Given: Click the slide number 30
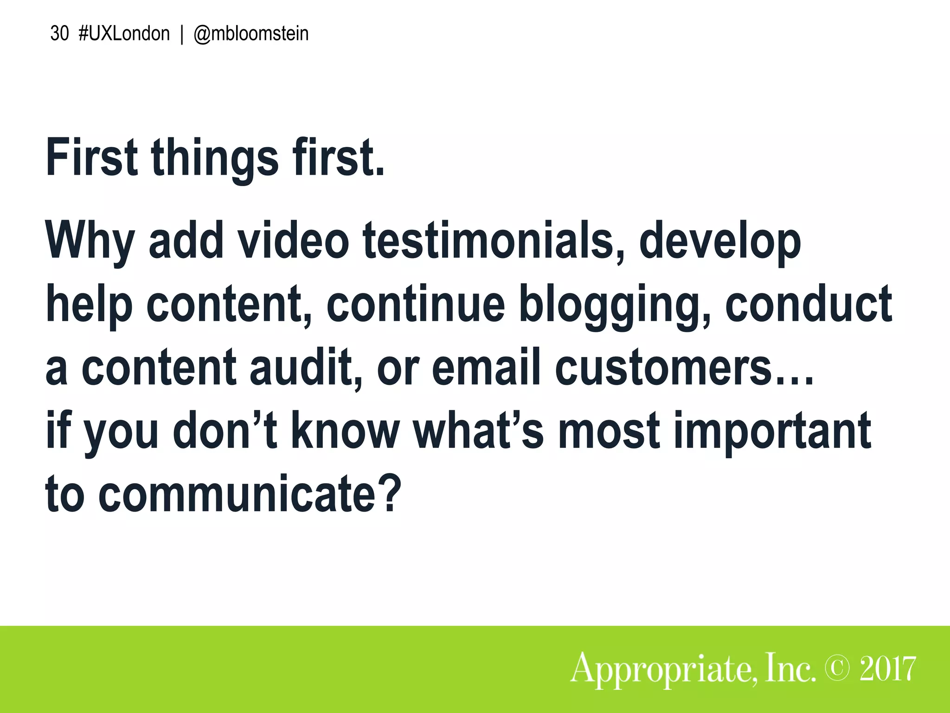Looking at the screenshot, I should coord(59,34).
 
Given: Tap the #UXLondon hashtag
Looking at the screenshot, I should coord(124,34).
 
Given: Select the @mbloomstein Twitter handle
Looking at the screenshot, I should coord(251,34).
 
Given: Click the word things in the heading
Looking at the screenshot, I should coord(215,158).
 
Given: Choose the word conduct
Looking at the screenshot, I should coord(809,304).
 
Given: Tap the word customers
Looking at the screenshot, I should coord(663,368).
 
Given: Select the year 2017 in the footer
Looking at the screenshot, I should coord(887,669).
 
